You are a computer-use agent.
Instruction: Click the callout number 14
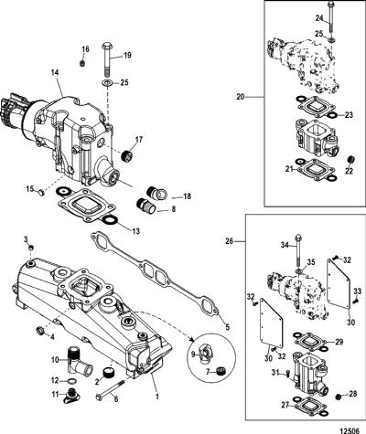[x=55, y=73]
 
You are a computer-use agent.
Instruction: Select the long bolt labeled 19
[x=107, y=59]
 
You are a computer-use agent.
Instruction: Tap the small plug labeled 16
[x=81, y=63]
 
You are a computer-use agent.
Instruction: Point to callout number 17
[x=139, y=140]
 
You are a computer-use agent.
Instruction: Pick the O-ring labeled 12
[x=71, y=381]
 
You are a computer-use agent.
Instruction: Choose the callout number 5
[x=227, y=327]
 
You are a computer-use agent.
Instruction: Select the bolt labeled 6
[x=111, y=389]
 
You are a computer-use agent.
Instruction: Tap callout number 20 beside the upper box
[x=241, y=98]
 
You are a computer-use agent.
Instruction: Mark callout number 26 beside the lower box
[x=229, y=241]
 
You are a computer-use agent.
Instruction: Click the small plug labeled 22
[x=350, y=160]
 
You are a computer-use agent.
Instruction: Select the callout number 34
[x=285, y=244]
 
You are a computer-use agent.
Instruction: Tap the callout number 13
[x=135, y=231]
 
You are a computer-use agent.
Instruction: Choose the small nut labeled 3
[x=31, y=248]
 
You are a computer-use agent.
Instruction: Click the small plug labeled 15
[x=42, y=192]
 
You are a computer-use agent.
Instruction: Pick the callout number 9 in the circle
[x=193, y=354]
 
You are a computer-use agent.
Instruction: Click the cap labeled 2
[x=108, y=373]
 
